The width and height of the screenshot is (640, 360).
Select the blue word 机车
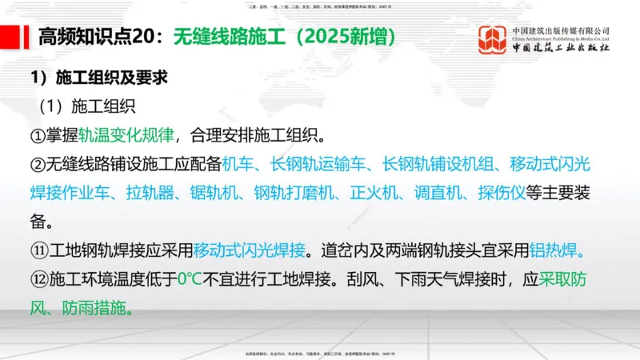[238, 164]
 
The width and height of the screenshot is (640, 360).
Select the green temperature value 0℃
[190, 280]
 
